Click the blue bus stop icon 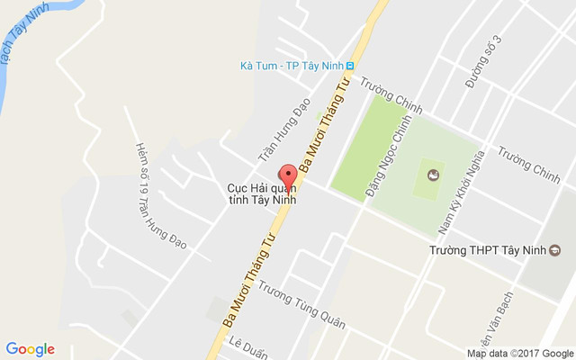(x=351, y=66)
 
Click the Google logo (x=31, y=349)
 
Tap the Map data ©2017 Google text (x=519, y=353)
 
